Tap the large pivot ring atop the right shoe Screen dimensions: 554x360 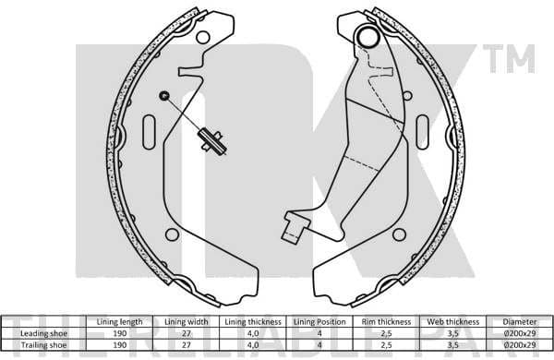pyautogui.click(x=368, y=38)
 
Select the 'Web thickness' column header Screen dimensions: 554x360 pyautogui.click(x=450, y=320)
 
